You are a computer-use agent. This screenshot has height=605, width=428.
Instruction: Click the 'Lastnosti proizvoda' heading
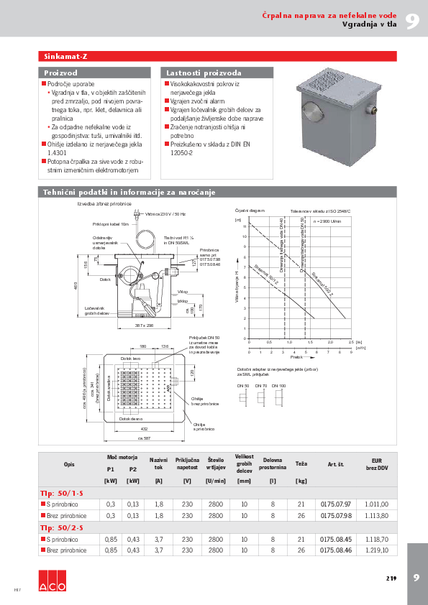(x=193, y=73)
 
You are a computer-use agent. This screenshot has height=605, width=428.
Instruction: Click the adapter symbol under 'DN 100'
(x=279, y=397)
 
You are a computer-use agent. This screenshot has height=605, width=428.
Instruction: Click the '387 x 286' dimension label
(x=145, y=325)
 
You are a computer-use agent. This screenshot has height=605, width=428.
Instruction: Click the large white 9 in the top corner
(x=411, y=20)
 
